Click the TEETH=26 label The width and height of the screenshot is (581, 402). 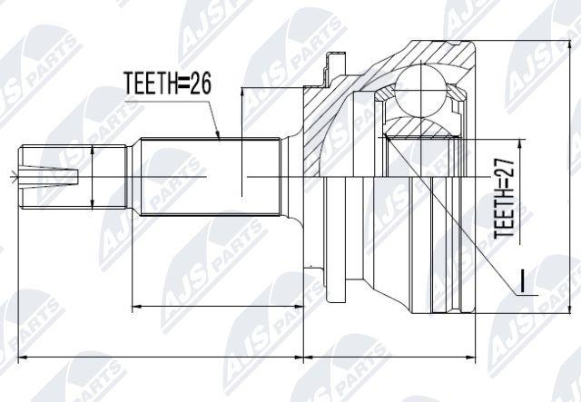pos(167,83)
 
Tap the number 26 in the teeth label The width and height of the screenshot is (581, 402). pos(201,83)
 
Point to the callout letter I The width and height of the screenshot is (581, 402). pos(522,280)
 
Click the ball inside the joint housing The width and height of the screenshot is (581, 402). pos(421,89)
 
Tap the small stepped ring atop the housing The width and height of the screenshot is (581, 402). pos(335,69)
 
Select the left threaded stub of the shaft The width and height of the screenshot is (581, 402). pos(73,177)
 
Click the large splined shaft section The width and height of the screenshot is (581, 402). pos(210,177)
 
